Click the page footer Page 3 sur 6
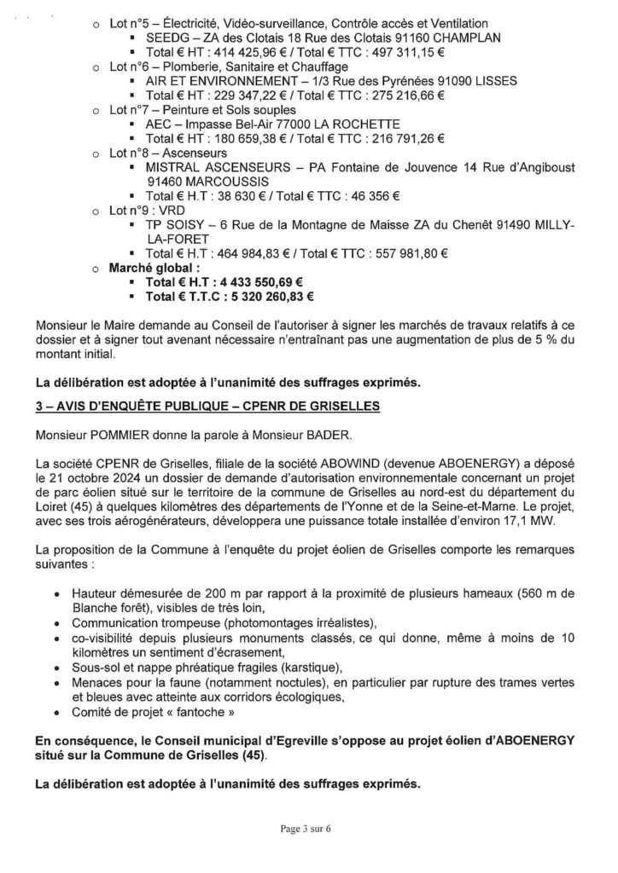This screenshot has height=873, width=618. (308, 827)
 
